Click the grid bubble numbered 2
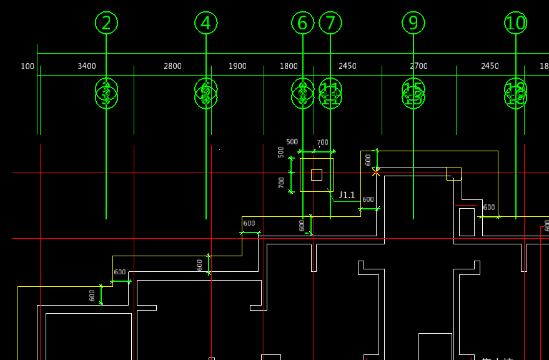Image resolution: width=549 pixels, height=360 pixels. click(x=106, y=23)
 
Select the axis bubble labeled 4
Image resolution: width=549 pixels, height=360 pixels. click(x=206, y=23)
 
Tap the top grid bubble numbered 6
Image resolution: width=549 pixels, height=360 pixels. click(x=303, y=23)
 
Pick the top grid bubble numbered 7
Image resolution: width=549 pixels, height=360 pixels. click(x=330, y=23)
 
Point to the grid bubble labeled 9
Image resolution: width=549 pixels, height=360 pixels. click(x=413, y=23)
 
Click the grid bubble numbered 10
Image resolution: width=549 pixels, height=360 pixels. click(x=516, y=23)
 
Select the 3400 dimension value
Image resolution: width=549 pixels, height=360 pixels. click(x=87, y=66)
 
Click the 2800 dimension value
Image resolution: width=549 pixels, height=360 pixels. click(x=172, y=66)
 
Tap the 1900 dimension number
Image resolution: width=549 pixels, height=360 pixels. click(x=237, y=66)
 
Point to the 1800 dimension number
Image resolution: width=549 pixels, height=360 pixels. click(x=289, y=66)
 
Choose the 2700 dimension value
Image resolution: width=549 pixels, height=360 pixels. click(x=418, y=66)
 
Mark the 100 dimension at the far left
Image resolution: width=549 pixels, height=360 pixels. click(x=27, y=66)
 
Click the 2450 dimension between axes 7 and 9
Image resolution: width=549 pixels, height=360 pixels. click(x=347, y=66)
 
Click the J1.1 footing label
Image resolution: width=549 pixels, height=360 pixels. click(x=347, y=195)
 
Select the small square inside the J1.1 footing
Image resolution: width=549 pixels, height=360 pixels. click(x=317, y=175)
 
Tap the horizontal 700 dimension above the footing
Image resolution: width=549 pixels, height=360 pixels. click(x=322, y=143)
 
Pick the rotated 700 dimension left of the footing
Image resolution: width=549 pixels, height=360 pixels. click(x=282, y=182)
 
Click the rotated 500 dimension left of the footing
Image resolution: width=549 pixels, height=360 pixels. click(x=281, y=152)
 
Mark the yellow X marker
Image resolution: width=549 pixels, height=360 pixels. click(x=376, y=172)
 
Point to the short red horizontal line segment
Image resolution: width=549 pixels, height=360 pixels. click(x=466, y=205)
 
